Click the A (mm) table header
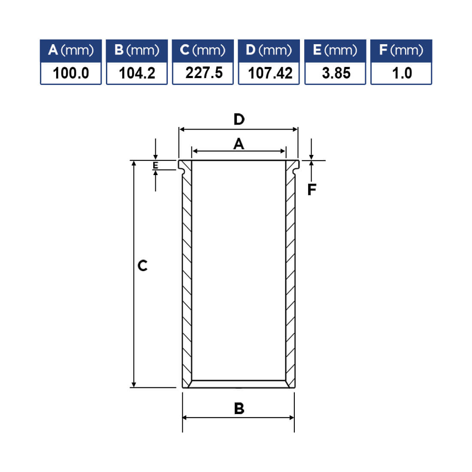coord(71,51)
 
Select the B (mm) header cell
coord(137,51)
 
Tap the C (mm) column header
coord(203,51)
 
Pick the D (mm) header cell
coord(269,51)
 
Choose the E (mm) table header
coord(335,51)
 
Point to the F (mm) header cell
coord(401,51)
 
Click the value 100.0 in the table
coord(71,73)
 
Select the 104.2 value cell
coord(137,73)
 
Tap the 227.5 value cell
coord(203,73)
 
